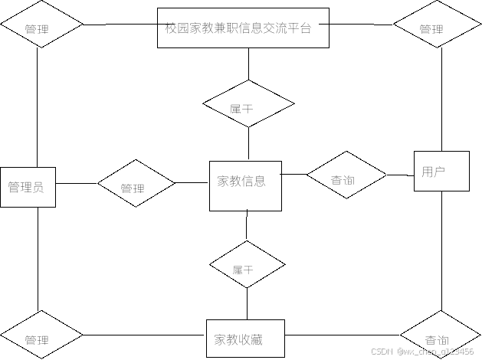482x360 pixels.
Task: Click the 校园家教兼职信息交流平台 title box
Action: tap(243, 28)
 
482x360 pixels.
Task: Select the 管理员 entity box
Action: tap(28, 187)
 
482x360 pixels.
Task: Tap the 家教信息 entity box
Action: tap(245, 185)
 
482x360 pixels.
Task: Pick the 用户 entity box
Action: tap(441, 171)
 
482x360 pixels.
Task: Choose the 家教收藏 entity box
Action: tap(245, 339)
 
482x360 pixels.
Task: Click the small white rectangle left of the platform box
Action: tap(147, 47)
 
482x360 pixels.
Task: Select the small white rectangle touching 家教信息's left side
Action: tap(193, 175)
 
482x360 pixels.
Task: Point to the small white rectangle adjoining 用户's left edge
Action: tap(395, 167)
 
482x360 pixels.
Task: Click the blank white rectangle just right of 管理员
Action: tap(83, 175)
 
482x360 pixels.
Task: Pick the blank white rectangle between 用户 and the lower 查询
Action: tap(423, 247)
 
